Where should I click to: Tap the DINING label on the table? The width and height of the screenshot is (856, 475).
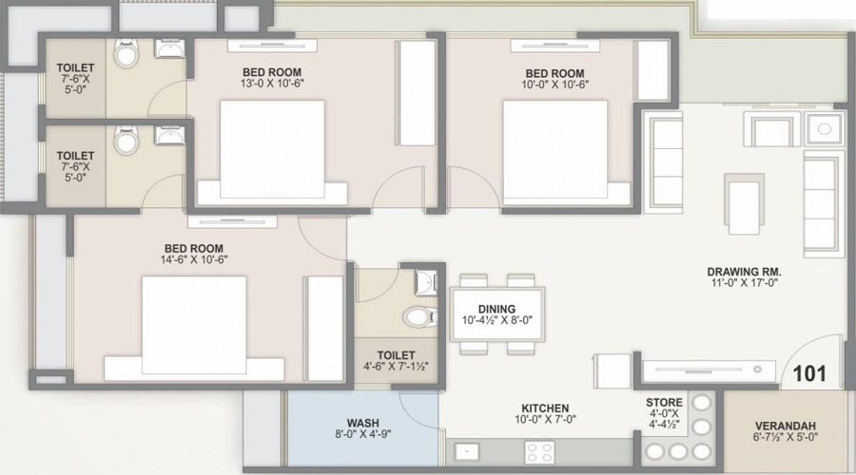(497, 309)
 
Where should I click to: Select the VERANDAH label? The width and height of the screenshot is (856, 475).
(785, 427)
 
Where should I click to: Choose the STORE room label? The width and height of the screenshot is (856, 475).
(663, 402)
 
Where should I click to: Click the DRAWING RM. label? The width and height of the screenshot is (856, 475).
(744, 271)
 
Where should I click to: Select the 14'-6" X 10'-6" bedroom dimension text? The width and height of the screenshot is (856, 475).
(193, 260)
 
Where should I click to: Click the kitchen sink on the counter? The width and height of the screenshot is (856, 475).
(466, 452)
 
